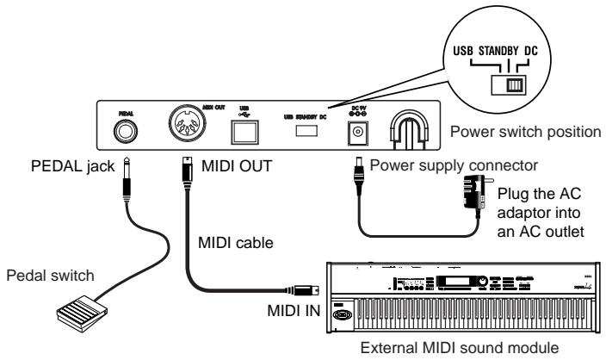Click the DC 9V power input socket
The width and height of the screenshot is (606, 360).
tap(355, 132)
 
